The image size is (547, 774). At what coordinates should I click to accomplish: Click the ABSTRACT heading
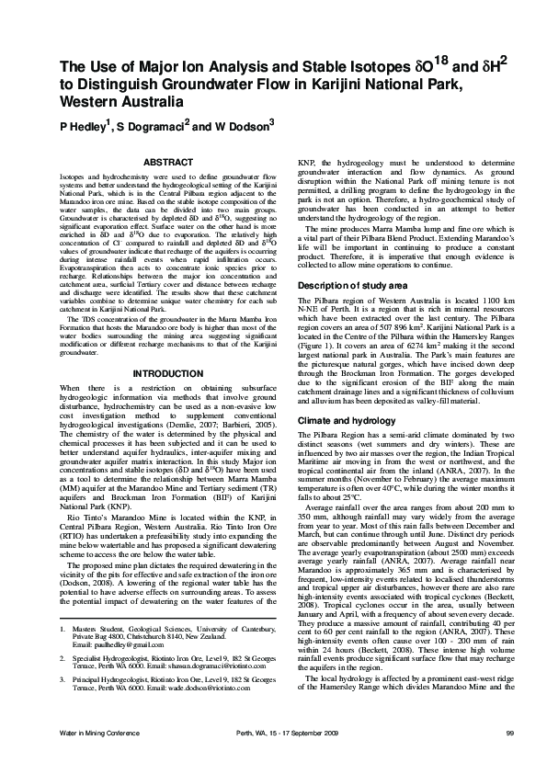[169, 162]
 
